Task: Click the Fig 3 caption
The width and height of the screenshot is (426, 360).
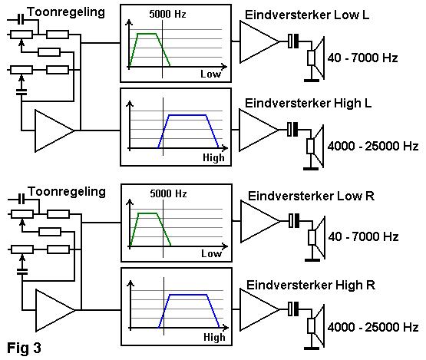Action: (x=24, y=348)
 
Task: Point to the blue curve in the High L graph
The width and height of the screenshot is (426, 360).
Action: (x=187, y=115)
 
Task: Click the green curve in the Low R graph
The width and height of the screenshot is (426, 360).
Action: (x=148, y=213)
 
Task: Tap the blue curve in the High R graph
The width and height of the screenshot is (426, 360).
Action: (x=188, y=295)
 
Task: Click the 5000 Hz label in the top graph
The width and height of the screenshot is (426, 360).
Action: (x=167, y=14)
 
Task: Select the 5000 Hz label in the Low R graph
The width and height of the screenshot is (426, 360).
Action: (x=168, y=193)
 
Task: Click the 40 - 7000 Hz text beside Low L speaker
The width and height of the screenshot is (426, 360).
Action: (x=363, y=58)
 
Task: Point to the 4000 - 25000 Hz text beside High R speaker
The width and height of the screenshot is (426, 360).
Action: (x=373, y=327)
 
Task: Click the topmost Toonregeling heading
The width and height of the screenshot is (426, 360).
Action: (x=66, y=12)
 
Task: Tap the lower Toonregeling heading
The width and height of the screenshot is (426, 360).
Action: (x=67, y=192)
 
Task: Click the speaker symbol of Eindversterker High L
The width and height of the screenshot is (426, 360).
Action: (x=315, y=147)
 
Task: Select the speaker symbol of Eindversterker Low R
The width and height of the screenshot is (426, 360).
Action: (x=317, y=239)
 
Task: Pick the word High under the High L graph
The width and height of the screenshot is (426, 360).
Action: (x=213, y=157)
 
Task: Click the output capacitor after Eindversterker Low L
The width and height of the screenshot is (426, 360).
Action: (x=293, y=41)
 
